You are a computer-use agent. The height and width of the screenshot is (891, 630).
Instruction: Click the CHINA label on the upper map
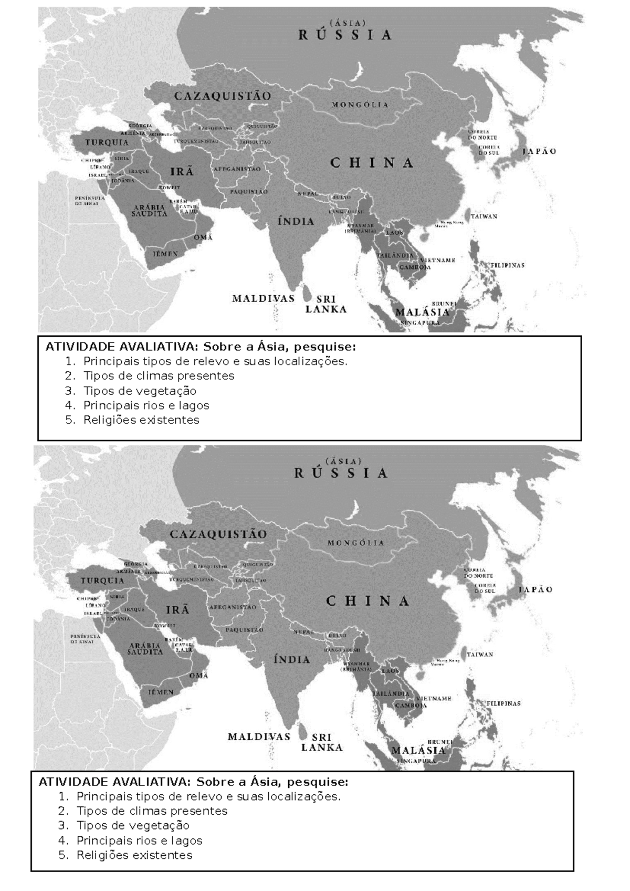(x=372, y=163)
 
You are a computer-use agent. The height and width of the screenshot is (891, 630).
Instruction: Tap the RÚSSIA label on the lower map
(x=341, y=473)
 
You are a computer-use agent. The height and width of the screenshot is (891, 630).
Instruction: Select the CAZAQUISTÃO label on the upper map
(x=223, y=96)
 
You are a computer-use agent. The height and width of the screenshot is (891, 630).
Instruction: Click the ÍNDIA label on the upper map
(x=296, y=221)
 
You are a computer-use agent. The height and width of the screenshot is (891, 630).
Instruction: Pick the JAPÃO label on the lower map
(x=535, y=589)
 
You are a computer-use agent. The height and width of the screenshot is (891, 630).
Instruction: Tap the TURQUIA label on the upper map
(x=107, y=142)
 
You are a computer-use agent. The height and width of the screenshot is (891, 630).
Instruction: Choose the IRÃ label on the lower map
(x=177, y=610)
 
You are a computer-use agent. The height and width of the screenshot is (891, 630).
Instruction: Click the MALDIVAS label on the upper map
(x=264, y=298)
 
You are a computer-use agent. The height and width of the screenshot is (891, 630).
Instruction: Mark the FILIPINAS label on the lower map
(x=502, y=703)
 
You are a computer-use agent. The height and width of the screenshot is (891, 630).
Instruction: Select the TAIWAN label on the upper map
(x=484, y=216)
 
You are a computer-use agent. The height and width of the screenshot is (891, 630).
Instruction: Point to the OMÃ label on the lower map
(x=198, y=676)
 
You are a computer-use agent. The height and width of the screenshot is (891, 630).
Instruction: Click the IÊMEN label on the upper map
(x=165, y=254)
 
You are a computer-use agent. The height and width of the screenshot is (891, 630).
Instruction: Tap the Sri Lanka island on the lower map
(x=302, y=730)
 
